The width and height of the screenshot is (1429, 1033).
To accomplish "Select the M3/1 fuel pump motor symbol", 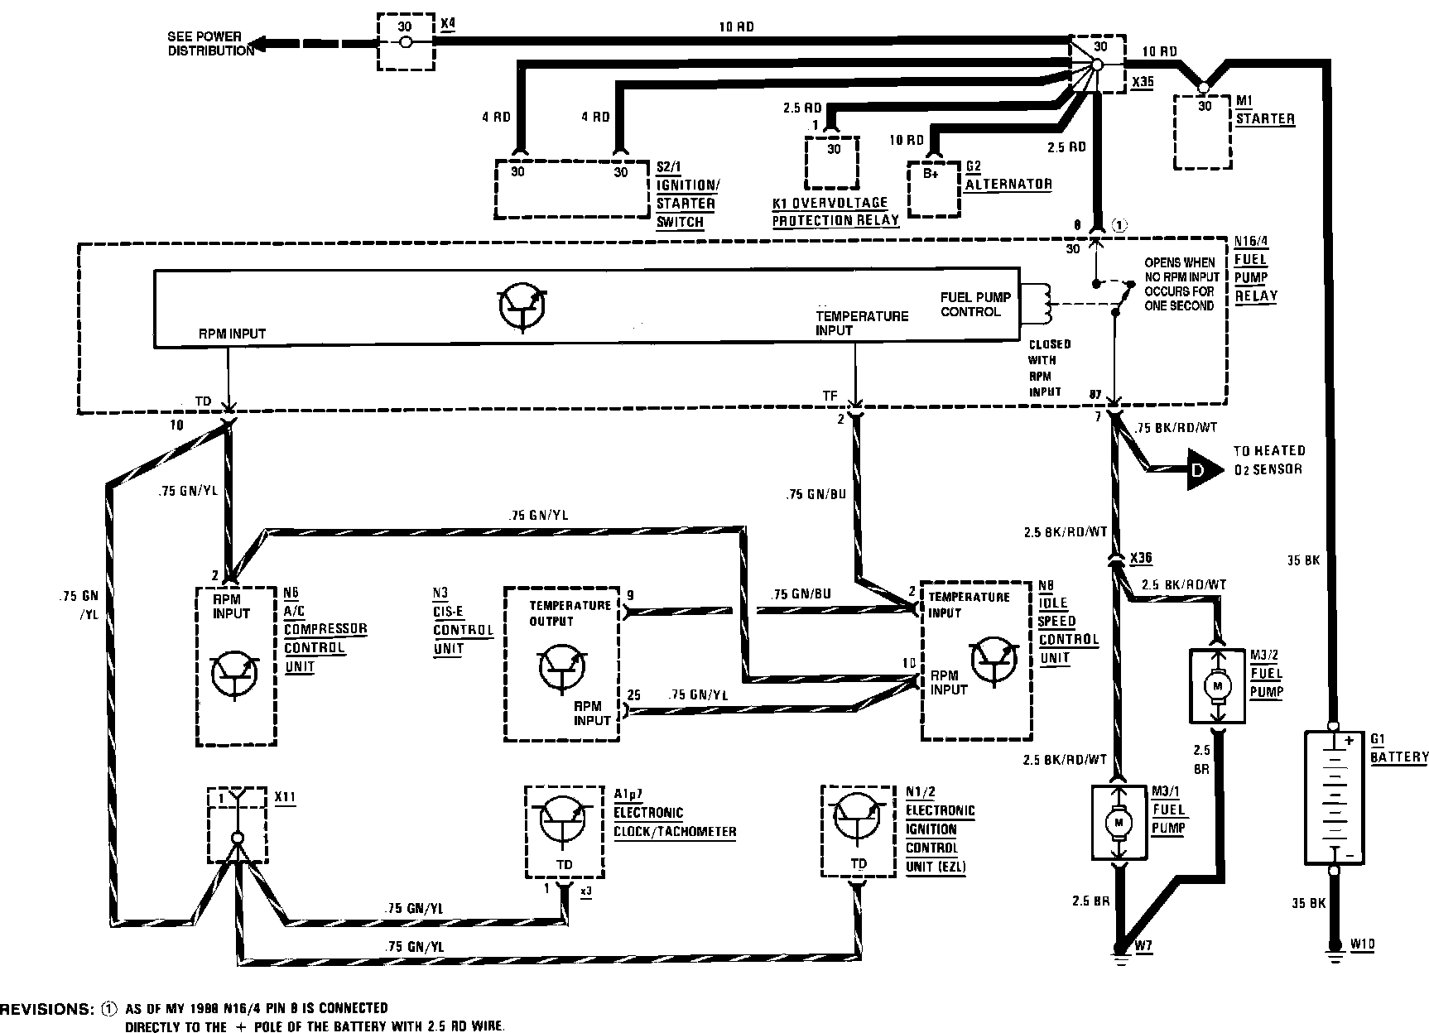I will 1119,823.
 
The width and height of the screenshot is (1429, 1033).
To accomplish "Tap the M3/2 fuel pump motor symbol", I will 1216,685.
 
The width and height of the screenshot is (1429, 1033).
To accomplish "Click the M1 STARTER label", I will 1264,111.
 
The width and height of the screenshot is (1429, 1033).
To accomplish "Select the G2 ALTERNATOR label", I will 1008,177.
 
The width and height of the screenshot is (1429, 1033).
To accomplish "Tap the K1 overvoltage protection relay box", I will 832,163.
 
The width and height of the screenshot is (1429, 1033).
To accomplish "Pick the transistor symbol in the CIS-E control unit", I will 563,666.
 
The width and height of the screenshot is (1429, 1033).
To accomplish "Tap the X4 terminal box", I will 405,41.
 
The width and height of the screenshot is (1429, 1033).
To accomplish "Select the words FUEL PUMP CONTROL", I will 975,305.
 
